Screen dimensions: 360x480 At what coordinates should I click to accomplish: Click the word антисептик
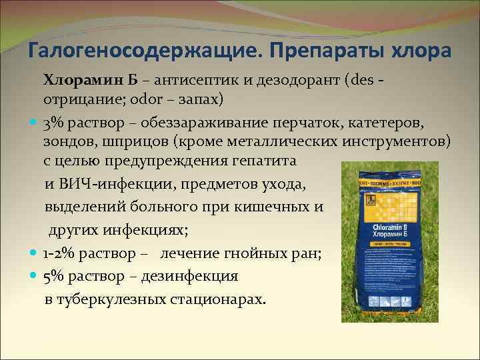(191, 81)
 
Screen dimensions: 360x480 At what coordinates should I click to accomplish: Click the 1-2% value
(61, 253)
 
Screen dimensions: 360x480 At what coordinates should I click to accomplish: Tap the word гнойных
(243, 253)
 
